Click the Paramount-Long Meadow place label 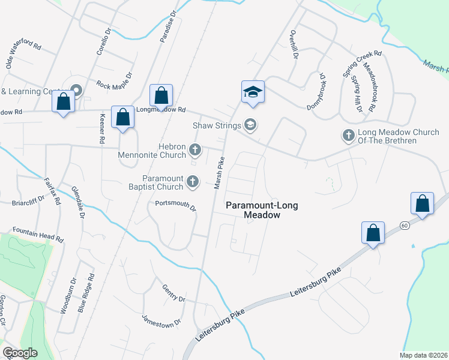(253, 210)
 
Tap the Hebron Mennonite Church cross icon (194, 149)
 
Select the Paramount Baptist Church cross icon (192, 181)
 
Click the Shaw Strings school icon (250, 125)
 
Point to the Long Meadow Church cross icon (349, 136)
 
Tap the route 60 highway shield (406, 224)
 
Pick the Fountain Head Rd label (37, 235)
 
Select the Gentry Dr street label (173, 293)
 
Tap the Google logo (20, 353)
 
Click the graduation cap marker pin (253, 93)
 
